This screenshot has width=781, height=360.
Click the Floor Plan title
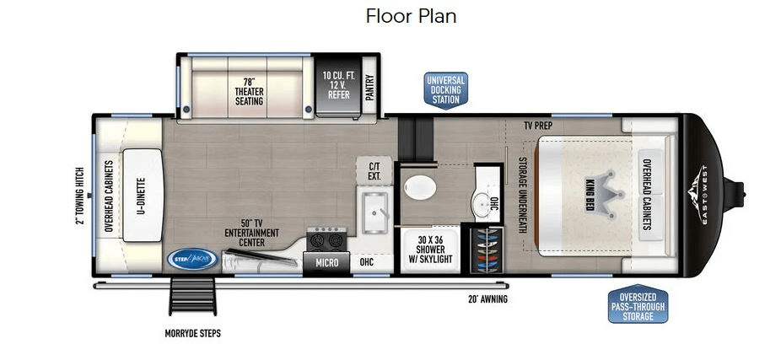click(x=411, y=16)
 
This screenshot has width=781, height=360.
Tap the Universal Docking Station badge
click(x=446, y=90)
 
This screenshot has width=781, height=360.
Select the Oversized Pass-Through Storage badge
click(x=638, y=304)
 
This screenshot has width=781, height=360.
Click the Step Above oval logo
click(x=192, y=259)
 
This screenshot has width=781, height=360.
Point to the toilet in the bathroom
click(x=420, y=188)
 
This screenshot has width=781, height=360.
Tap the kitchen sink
click(x=375, y=212)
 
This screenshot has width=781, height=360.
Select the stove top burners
click(x=326, y=239)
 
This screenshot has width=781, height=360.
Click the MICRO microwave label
click(x=326, y=262)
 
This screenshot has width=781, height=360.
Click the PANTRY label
click(x=369, y=88)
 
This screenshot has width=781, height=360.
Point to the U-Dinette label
click(x=142, y=196)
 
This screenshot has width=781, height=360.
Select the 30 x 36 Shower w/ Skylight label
click(x=431, y=249)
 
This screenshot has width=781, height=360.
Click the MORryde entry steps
click(x=192, y=295)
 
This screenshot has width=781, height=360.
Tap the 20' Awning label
click(x=487, y=300)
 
